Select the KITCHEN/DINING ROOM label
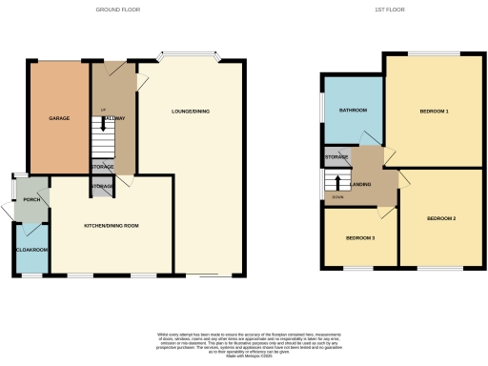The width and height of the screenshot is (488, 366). click(x=112, y=225)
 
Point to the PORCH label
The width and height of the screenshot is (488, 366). click(x=31, y=201)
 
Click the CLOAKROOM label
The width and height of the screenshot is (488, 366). click(x=31, y=250)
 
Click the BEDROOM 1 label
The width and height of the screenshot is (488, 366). click(x=434, y=112)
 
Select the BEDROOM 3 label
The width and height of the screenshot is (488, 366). click(x=359, y=237)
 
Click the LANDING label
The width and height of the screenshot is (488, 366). click(x=361, y=184)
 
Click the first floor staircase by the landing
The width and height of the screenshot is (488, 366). click(x=335, y=183)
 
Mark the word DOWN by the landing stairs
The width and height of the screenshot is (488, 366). click(x=335, y=198)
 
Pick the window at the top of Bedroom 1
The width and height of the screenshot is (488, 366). click(x=434, y=52)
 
